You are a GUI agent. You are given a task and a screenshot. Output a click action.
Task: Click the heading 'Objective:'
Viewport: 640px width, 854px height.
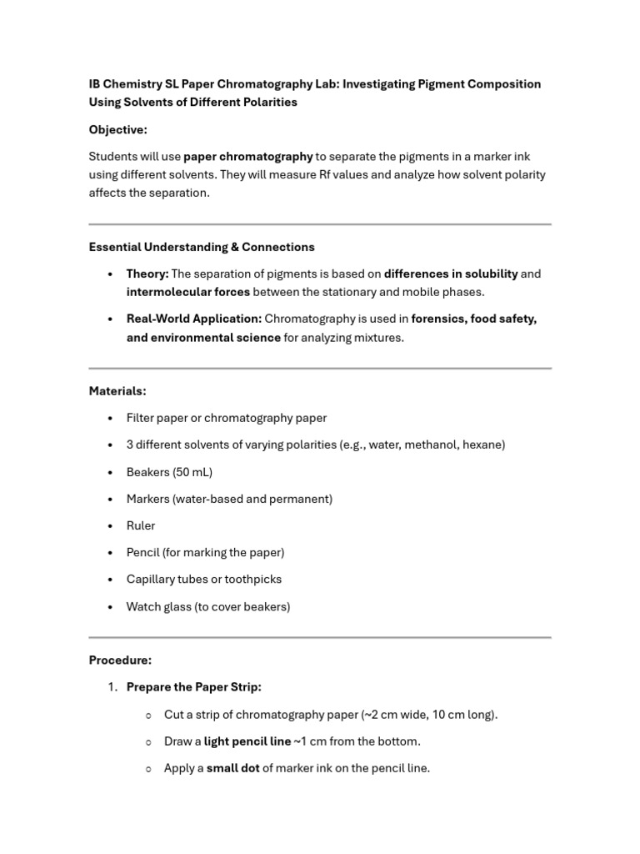117,129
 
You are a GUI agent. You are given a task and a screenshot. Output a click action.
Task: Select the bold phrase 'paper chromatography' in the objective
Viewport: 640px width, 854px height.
247,156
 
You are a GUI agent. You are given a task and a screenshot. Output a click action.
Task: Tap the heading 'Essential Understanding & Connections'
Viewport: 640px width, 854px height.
202,247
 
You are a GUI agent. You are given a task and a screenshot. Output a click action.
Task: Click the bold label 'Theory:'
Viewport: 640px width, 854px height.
147,274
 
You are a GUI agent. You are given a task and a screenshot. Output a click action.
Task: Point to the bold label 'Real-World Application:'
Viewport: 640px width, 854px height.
193,319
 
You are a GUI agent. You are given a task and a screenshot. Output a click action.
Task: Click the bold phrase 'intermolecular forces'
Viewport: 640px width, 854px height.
187,292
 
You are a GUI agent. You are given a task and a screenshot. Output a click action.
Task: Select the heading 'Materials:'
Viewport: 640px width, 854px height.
117,390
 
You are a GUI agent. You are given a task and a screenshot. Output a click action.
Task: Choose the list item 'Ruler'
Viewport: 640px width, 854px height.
141,525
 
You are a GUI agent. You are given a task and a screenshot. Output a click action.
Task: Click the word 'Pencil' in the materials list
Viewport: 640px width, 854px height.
142,552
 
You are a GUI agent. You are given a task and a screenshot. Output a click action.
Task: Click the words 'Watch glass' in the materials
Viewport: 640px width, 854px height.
158,606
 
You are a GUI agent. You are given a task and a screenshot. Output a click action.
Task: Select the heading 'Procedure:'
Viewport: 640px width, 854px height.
120,660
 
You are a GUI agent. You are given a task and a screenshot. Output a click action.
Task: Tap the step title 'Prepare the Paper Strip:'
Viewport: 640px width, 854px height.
193,687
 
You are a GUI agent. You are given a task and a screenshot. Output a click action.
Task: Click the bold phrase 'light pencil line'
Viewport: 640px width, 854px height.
247,741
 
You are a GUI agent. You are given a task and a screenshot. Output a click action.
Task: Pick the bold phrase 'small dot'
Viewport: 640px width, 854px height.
232,768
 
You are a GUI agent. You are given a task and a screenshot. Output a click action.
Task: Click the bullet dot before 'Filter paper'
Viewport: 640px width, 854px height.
110,419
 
